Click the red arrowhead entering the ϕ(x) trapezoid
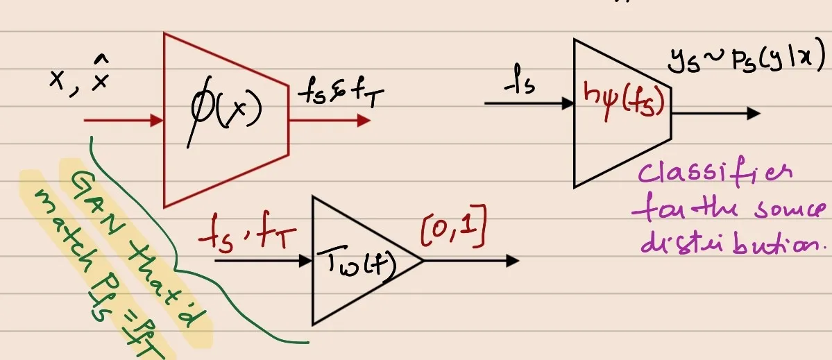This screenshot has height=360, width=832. pos(156,121)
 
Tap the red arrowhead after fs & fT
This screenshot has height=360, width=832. pos(363,121)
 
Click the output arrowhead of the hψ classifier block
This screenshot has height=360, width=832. pos(754,114)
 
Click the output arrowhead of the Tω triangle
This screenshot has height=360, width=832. pos(512,261)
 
